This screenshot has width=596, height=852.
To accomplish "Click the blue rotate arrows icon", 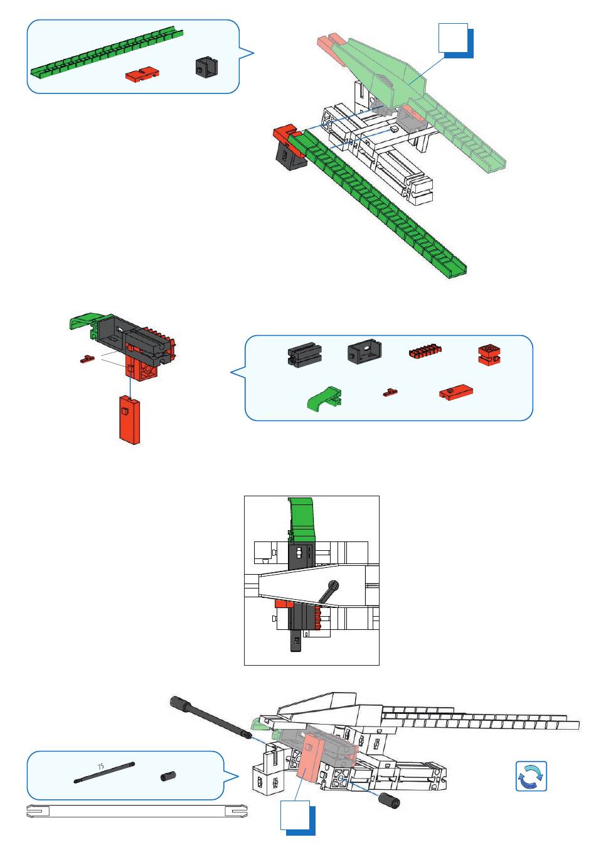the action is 531,776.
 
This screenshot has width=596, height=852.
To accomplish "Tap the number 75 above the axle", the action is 100,767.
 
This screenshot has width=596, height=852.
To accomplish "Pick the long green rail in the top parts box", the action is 107,53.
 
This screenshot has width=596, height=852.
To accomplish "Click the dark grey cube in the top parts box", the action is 207,67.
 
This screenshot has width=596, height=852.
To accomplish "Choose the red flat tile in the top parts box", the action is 142,73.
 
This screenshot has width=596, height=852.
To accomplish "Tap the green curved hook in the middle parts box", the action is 324,398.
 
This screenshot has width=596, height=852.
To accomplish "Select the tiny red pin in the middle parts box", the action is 390,392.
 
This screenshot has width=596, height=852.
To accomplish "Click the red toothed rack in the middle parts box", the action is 425,351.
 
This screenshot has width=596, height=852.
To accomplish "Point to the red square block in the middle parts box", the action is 489,355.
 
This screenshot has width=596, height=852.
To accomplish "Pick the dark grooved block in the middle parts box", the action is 305,354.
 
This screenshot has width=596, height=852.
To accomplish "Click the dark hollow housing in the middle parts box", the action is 365,352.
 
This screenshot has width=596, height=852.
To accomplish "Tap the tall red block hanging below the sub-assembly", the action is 130,420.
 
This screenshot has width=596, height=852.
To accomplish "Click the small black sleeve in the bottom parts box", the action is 168,776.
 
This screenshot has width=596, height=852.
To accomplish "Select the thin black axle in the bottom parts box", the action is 104,773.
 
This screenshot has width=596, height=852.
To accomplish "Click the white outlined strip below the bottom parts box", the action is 137,811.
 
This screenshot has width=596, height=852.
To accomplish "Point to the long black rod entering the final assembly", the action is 210,718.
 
